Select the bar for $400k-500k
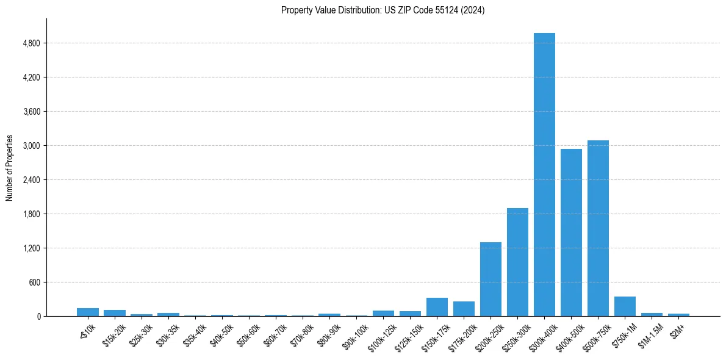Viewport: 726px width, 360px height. (571, 232)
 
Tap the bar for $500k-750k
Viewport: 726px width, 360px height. (598, 228)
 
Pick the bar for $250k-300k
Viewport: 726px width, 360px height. (517, 262)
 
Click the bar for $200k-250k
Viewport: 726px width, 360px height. (491, 279)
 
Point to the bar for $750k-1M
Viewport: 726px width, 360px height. (625, 306)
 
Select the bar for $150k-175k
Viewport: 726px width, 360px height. (437, 307)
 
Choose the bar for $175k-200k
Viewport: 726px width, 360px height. (464, 309)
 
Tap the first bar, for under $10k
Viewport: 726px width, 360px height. (88, 312)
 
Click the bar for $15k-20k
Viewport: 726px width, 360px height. (115, 313)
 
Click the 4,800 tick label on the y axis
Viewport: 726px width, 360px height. (31, 43)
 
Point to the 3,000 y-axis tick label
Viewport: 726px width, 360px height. (31, 146)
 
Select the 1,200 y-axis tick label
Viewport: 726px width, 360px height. (31, 248)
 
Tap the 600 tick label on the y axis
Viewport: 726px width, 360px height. (34, 283)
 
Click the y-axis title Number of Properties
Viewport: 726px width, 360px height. (10, 168)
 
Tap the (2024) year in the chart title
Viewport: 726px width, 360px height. (475, 10)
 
